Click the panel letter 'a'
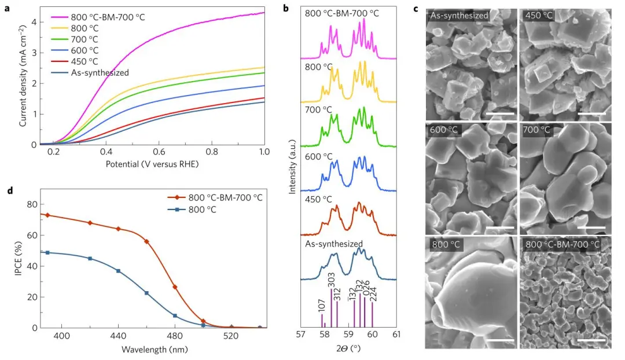tap(7, 9)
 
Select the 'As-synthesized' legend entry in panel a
tap(99, 72)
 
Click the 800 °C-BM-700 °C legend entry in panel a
tap(108, 17)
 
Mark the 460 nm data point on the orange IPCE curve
tap(146, 241)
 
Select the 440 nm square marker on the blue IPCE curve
tap(118, 271)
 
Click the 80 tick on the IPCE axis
tap(34, 204)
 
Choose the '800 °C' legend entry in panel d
tap(202, 209)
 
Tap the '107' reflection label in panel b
tap(321, 304)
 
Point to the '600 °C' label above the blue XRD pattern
tap(319, 157)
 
